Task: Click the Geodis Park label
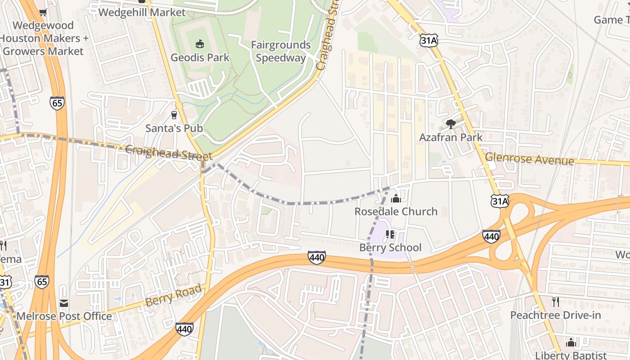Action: click(200, 58)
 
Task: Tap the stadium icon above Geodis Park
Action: click(199, 44)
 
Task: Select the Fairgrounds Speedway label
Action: click(281, 51)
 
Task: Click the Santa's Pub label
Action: click(174, 128)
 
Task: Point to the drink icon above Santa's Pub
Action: click(174, 115)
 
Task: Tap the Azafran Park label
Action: click(450, 137)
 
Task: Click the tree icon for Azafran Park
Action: click(450, 124)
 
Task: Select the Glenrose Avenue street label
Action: click(530, 159)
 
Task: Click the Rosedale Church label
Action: click(396, 211)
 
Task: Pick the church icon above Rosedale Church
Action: click(396, 198)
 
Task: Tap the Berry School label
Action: click(390, 247)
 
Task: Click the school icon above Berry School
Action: click(390, 234)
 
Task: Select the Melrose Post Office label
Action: click(64, 316)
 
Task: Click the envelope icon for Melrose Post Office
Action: click(64, 303)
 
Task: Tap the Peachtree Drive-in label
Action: click(555, 315)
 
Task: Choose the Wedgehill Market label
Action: click(142, 12)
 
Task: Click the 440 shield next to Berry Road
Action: click(184, 329)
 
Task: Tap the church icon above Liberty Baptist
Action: click(571, 342)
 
